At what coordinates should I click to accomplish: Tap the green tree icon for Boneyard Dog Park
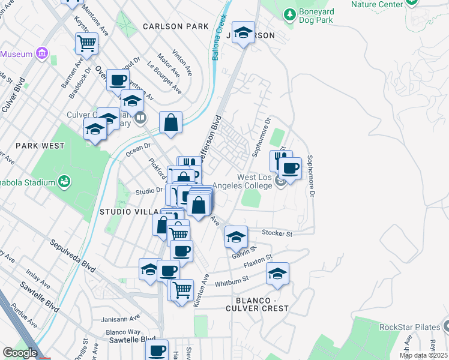289,13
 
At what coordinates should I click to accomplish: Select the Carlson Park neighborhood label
176,26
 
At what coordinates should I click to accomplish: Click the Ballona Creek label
220,40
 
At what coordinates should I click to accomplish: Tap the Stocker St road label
277,232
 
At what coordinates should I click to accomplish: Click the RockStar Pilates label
408,327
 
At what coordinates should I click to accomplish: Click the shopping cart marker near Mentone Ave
86,43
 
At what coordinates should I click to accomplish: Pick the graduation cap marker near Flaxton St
277,274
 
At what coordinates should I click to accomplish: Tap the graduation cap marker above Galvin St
237,236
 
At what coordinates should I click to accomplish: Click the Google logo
20,353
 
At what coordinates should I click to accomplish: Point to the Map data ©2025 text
424,355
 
